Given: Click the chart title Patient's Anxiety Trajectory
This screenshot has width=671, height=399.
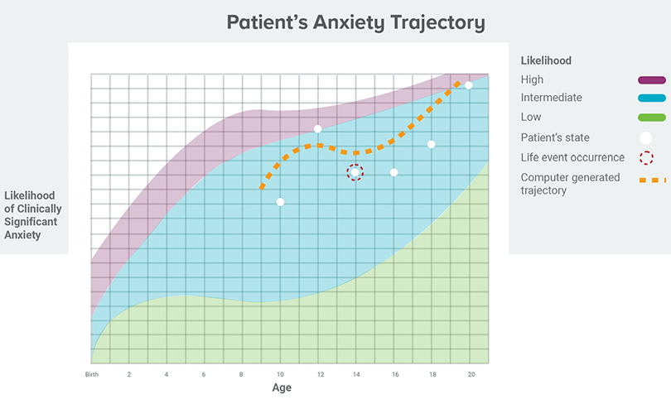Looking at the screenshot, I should click(355, 22).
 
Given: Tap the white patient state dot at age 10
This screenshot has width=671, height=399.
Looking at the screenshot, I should click(281, 202).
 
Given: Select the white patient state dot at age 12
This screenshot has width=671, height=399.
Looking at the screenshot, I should click(317, 128).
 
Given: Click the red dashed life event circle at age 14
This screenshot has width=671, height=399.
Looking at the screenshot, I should click(355, 172).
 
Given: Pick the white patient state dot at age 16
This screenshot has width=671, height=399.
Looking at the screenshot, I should click(393, 172).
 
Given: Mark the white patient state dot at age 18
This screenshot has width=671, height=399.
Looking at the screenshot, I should click(432, 144).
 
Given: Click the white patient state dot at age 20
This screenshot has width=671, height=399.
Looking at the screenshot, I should click(469, 85).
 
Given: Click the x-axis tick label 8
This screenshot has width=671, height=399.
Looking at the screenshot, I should click(242, 375).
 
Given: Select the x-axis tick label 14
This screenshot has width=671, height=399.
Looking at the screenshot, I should click(355, 375).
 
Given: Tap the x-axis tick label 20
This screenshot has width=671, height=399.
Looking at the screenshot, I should click(471, 375).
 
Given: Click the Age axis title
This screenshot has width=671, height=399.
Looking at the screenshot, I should click(282, 388).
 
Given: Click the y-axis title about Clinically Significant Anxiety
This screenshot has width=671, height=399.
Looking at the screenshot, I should click(33, 215).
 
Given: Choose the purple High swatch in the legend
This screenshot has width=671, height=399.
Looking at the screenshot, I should click(652, 80).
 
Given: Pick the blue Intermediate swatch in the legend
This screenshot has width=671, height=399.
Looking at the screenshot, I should click(652, 99).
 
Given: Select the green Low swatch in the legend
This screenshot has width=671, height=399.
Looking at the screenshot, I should click(652, 118).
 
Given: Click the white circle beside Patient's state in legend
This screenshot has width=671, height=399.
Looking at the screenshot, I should click(646, 137).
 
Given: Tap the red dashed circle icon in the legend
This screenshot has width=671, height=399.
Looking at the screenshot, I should click(646, 157).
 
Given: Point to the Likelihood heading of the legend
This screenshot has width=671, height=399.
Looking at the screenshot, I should click(546, 60).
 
